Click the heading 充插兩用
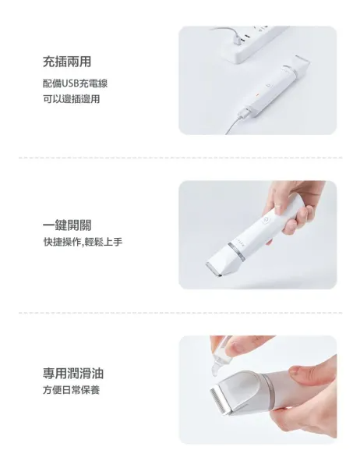[67, 62]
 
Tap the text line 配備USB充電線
[75, 83]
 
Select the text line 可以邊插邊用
[71, 99]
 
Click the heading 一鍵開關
[67, 225]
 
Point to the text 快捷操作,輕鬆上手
[83, 242]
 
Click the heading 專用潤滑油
[73, 374]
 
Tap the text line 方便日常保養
[71, 390]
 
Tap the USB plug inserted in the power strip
[238, 40]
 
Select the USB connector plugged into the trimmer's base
[242, 115]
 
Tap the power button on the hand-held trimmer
[265, 221]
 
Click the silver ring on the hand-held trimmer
[237, 251]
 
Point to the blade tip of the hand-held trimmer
[214, 269]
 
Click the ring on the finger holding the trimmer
[277, 205]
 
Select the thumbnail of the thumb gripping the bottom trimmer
[298, 372]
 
